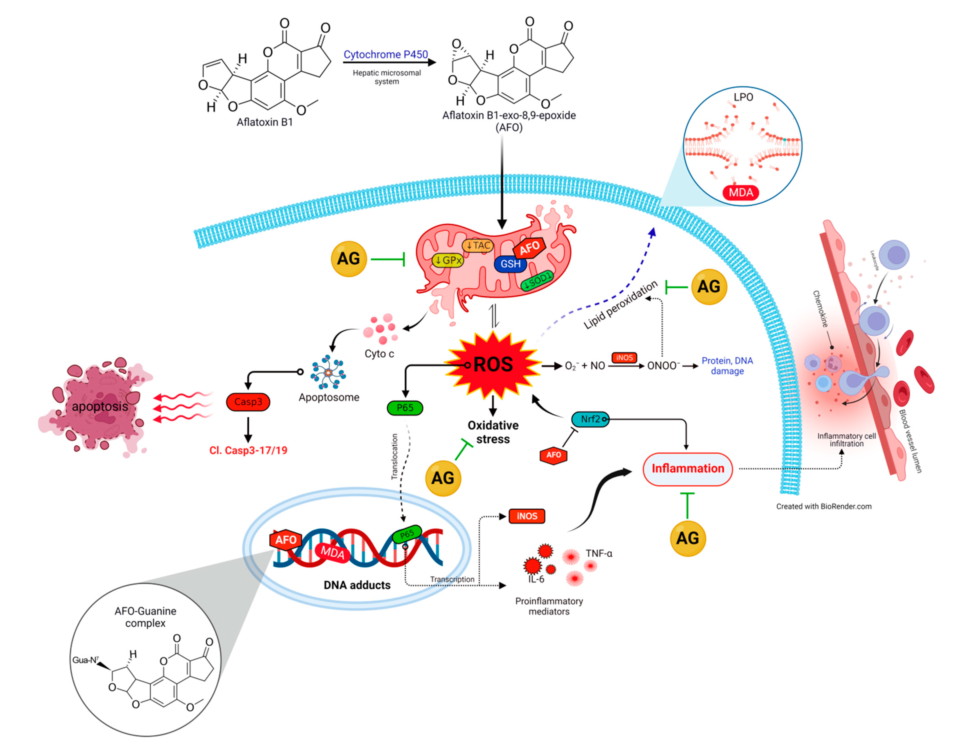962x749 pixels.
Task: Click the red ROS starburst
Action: tap(493, 365)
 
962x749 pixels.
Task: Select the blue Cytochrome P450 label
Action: tap(385, 55)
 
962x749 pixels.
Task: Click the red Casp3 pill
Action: tap(248, 402)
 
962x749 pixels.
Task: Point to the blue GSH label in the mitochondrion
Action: tap(511, 264)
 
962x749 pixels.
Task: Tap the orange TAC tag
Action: tap(478, 245)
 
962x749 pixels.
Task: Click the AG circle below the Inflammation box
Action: tap(688, 538)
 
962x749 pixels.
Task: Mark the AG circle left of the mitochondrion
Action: tap(348, 259)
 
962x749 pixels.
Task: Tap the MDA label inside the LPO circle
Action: tap(741, 192)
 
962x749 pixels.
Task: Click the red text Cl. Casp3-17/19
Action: tap(248, 450)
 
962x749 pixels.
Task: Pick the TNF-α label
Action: tap(599, 553)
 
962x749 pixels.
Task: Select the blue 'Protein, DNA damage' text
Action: tap(727, 366)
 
